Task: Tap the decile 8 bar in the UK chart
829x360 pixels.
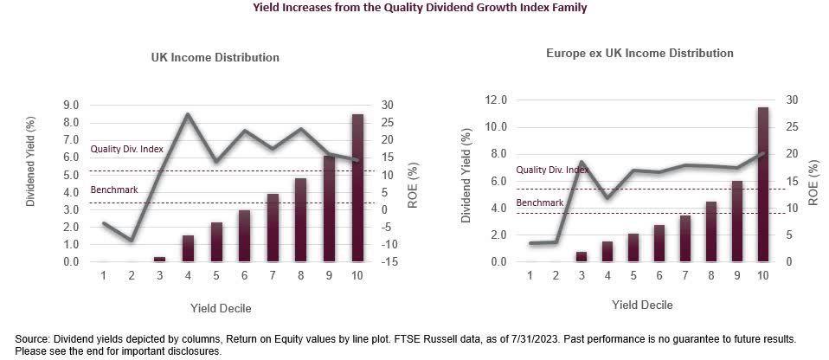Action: pos(300,220)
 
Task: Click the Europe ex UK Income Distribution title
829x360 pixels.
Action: pos(639,53)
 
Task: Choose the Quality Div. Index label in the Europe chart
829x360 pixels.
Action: pos(552,170)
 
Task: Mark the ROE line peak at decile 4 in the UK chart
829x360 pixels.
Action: pos(188,114)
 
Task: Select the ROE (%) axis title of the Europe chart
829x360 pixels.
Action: pos(814,181)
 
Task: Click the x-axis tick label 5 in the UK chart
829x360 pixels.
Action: pos(216,275)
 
